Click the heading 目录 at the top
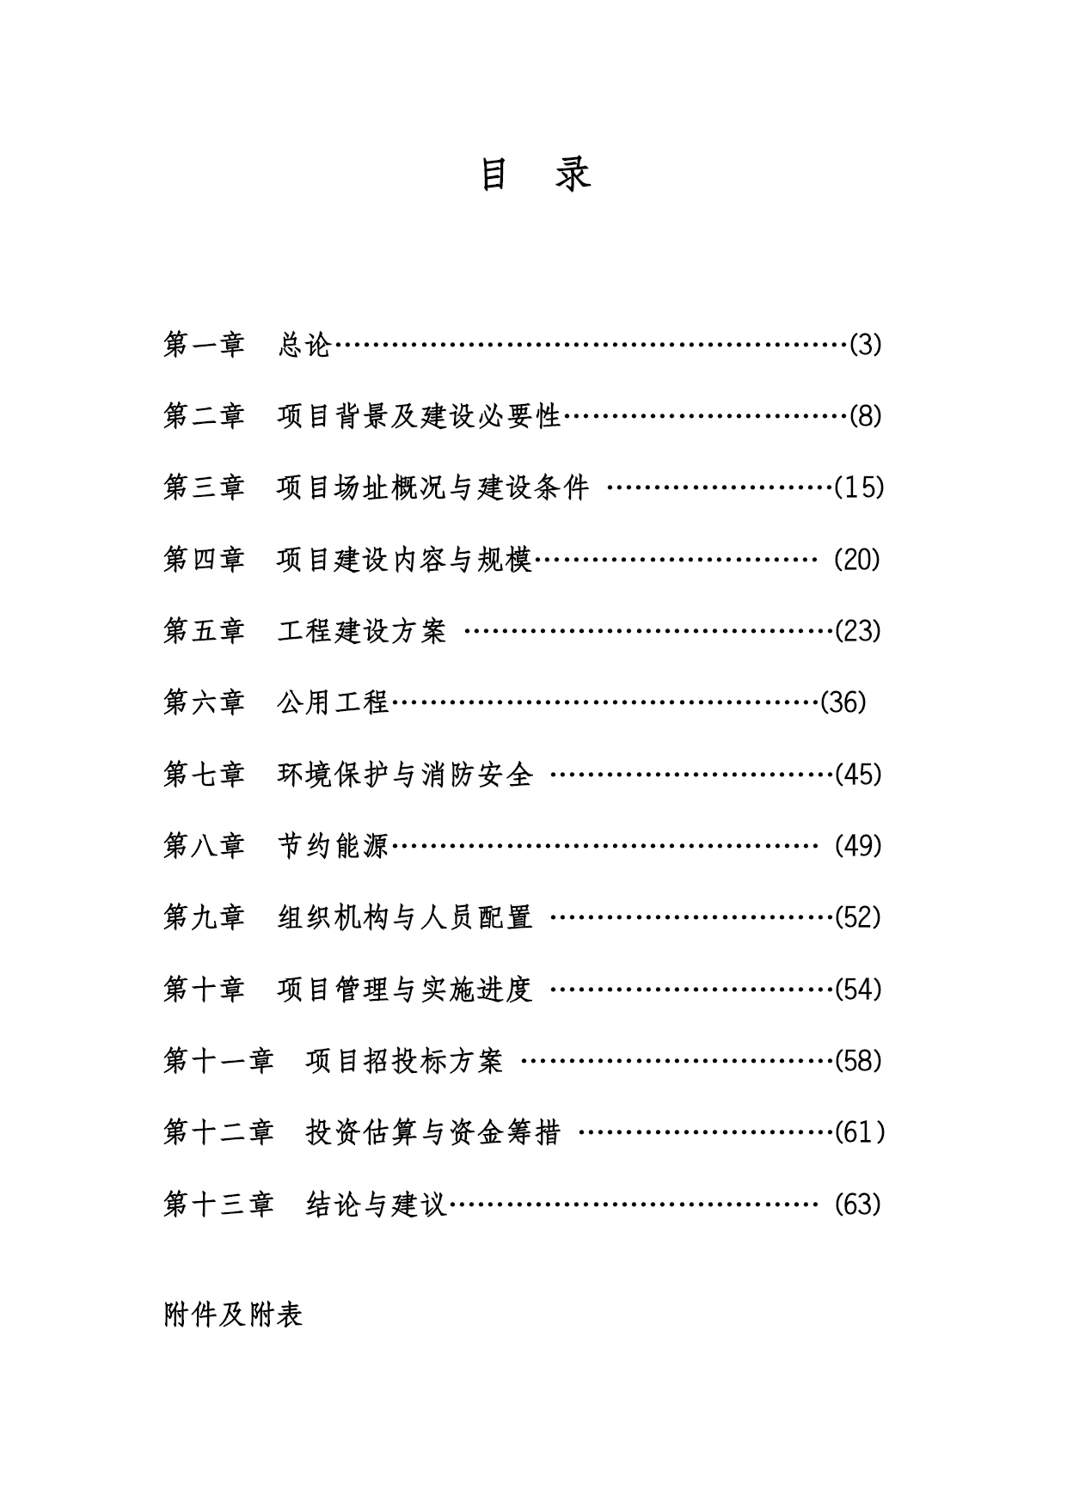[534, 174]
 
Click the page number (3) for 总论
[866, 345]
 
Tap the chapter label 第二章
[204, 416]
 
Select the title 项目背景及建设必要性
[419, 416]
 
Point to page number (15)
[859, 487]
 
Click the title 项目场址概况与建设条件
[433, 487]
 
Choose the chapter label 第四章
[204, 560]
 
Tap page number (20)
[858, 560]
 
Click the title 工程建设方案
[362, 631]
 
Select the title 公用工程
[334, 702]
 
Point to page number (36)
[843, 702]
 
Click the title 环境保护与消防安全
[405, 775]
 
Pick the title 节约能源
[334, 846]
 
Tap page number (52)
[858, 917]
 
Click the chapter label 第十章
[204, 990]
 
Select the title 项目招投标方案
[404, 1061]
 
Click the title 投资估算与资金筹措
[433, 1132]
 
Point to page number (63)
[858, 1204]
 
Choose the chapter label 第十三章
[218, 1204]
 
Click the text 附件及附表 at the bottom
[233, 1315]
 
